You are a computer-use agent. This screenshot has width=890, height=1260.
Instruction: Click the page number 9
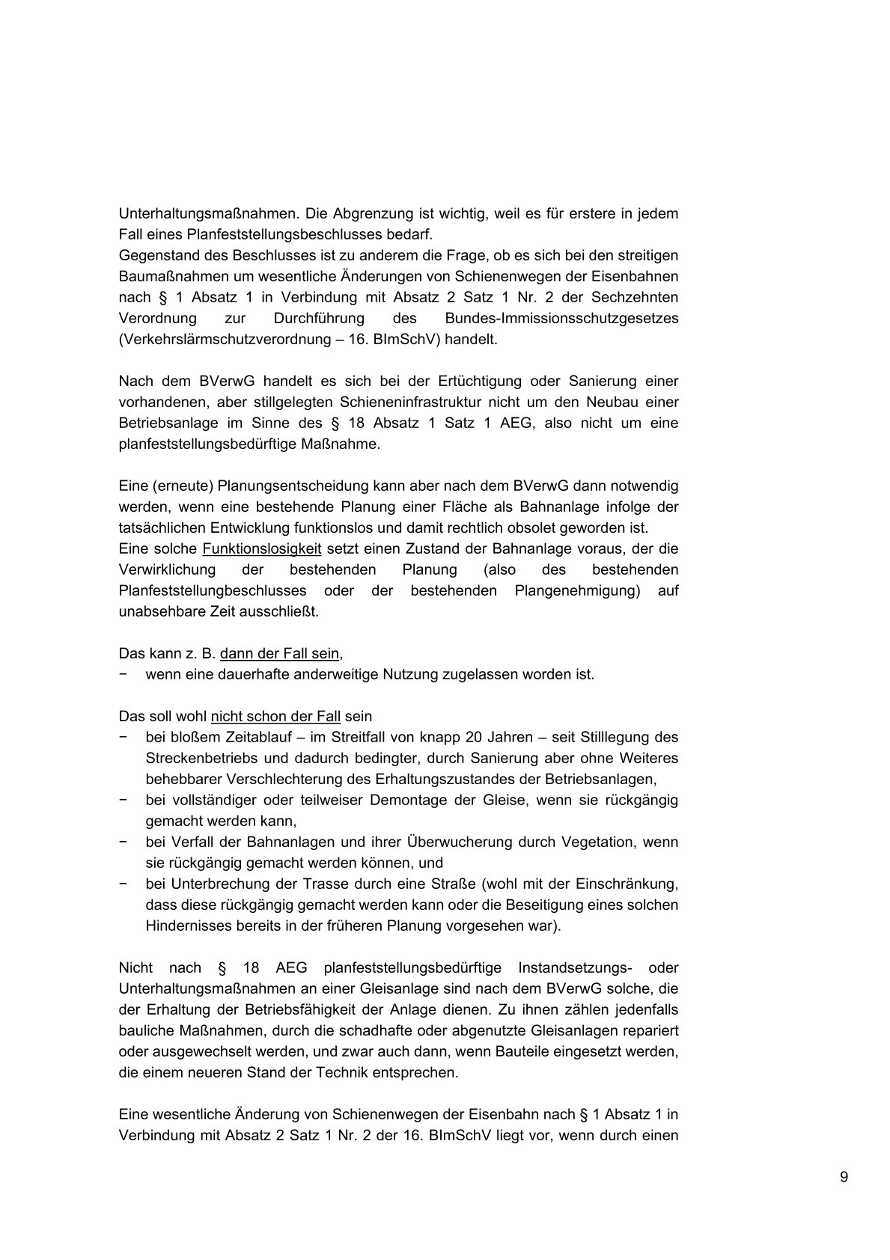click(x=844, y=1177)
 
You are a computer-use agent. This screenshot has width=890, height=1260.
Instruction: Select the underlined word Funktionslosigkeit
click(x=262, y=548)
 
